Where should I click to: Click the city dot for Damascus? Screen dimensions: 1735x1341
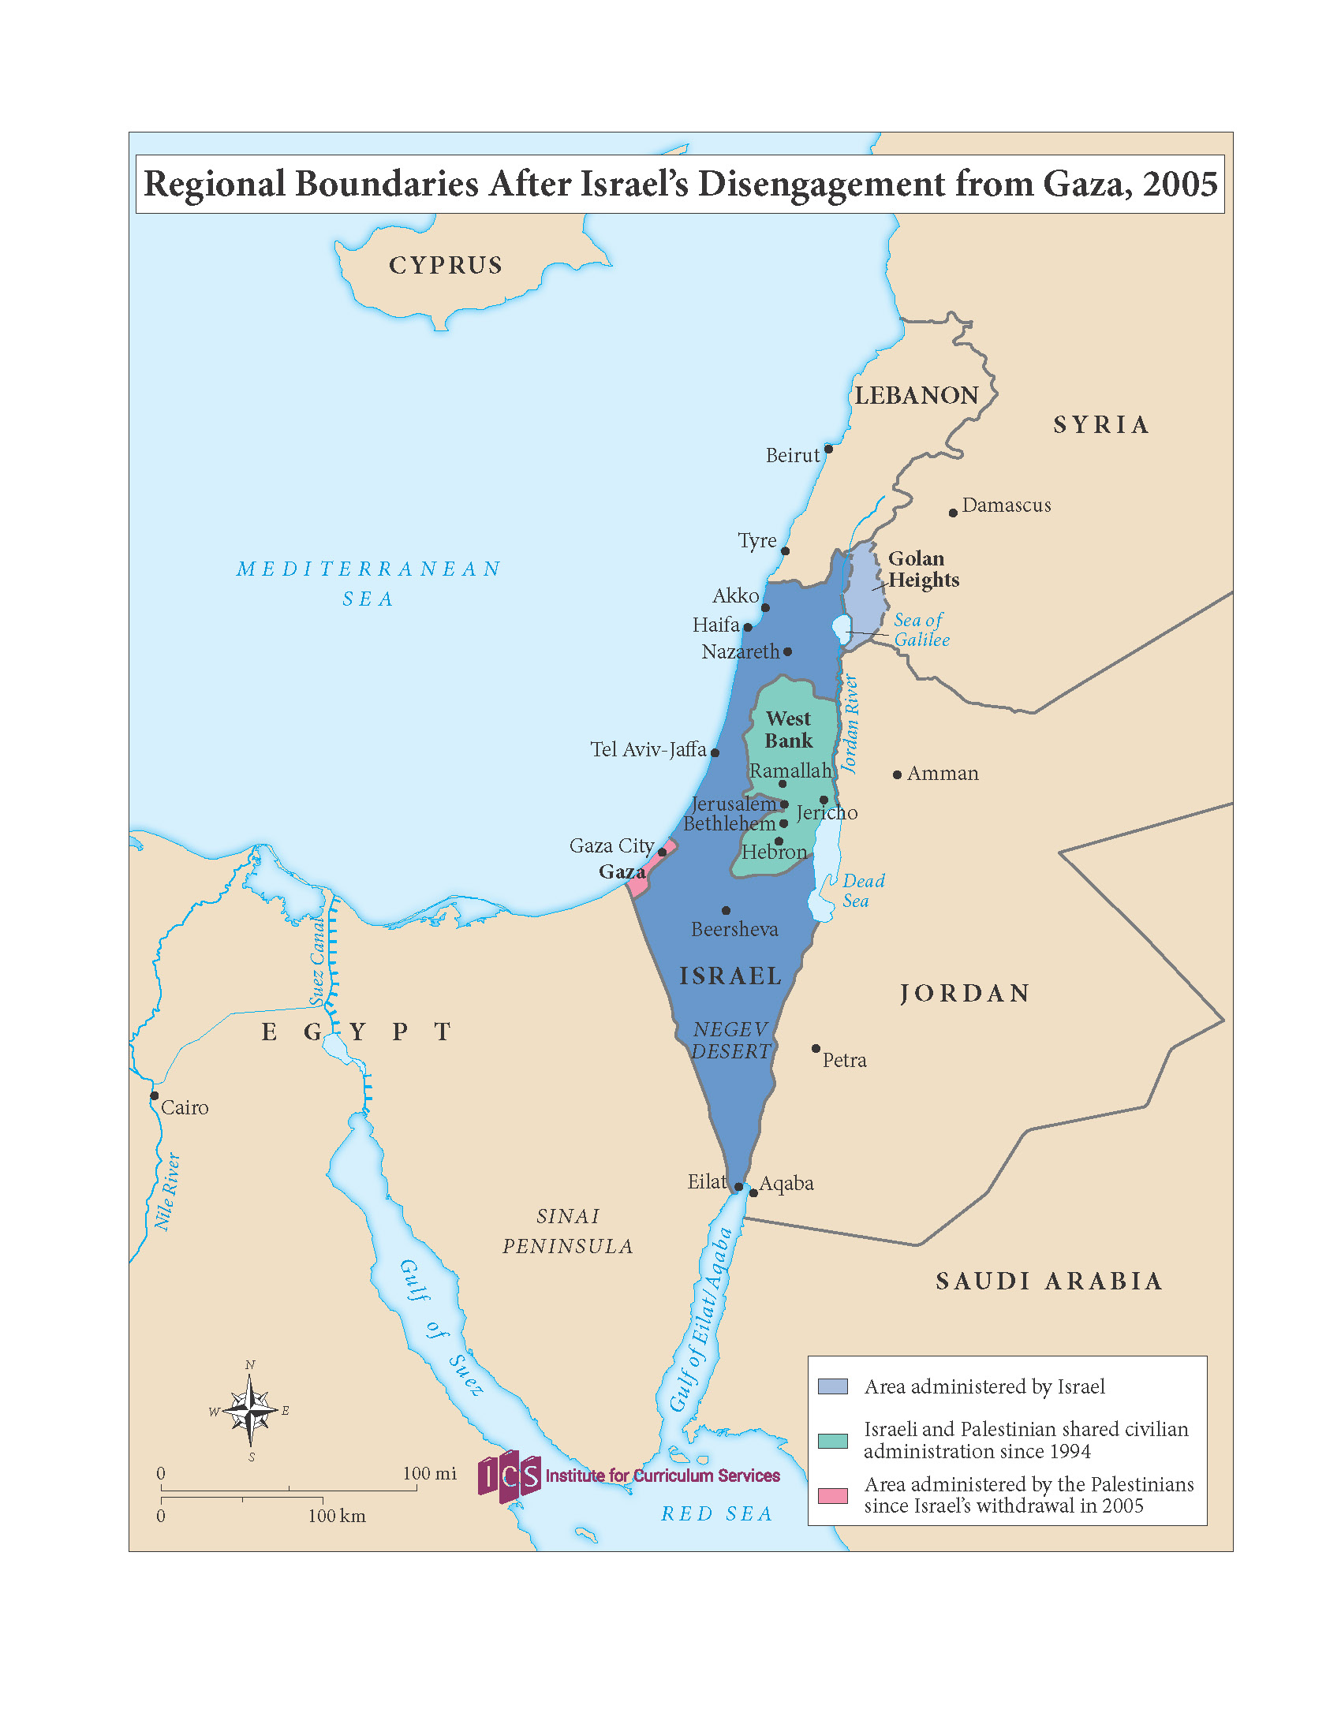coord(953,513)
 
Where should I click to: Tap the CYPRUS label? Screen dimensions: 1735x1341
coord(446,265)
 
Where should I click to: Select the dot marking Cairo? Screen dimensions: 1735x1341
coord(154,1095)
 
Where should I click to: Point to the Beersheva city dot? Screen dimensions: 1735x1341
coord(725,909)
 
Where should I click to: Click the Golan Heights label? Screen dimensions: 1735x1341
coord(922,569)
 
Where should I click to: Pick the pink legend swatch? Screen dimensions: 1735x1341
coord(832,1496)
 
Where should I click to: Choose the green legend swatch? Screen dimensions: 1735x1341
coord(832,1441)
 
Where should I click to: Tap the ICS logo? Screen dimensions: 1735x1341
coord(510,1476)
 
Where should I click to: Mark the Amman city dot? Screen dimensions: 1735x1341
coord(897,774)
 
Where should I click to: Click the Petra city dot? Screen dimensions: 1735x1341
coord(815,1049)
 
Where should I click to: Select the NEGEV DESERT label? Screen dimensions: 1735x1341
coord(730,1040)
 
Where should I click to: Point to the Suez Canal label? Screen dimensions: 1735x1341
coord(317,962)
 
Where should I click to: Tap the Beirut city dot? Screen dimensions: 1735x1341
coord(827,449)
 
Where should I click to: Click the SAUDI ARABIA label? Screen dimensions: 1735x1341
coord(1048,1281)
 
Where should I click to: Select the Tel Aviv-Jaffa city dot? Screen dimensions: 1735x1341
coord(714,752)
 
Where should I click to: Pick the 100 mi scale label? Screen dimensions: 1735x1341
coord(429,1474)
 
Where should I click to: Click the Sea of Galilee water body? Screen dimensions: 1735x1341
coord(841,629)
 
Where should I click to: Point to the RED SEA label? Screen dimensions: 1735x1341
coord(716,1513)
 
